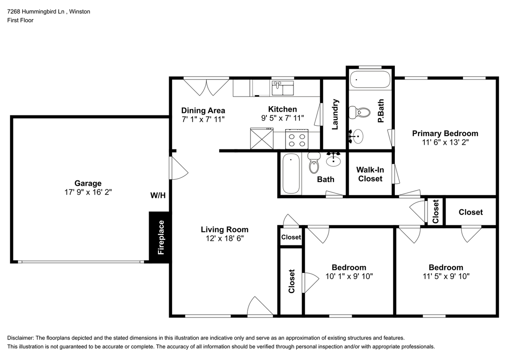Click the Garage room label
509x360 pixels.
point(88,183)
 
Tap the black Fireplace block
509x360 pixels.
point(160,237)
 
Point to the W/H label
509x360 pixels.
point(157,195)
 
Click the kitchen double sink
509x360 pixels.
point(282,88)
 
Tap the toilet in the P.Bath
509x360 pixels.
point(359,113)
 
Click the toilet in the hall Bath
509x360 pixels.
point(314,163)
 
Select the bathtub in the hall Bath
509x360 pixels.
point(291,174)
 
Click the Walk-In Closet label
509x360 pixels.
point(370,174)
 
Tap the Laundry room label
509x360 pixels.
point(335,114)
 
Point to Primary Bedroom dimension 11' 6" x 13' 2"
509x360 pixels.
point(445,142)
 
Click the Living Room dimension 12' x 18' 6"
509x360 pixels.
point(224,238)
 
